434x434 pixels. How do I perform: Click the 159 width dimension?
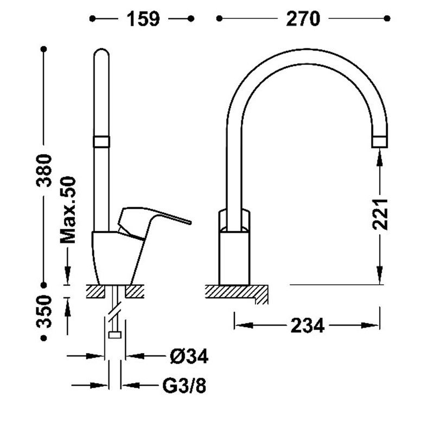pos(143,19)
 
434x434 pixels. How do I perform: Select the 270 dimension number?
pos(303,19)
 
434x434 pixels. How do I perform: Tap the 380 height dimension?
pos(44,170)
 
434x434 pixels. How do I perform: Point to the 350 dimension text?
pos(44,311)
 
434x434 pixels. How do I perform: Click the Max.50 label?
pos(68,209)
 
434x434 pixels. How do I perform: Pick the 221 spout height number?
pos(380,214)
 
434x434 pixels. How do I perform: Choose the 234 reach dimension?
pos(307,325)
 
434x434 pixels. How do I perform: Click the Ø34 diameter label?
pos(189,356)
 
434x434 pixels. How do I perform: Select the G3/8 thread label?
pos(184,386)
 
